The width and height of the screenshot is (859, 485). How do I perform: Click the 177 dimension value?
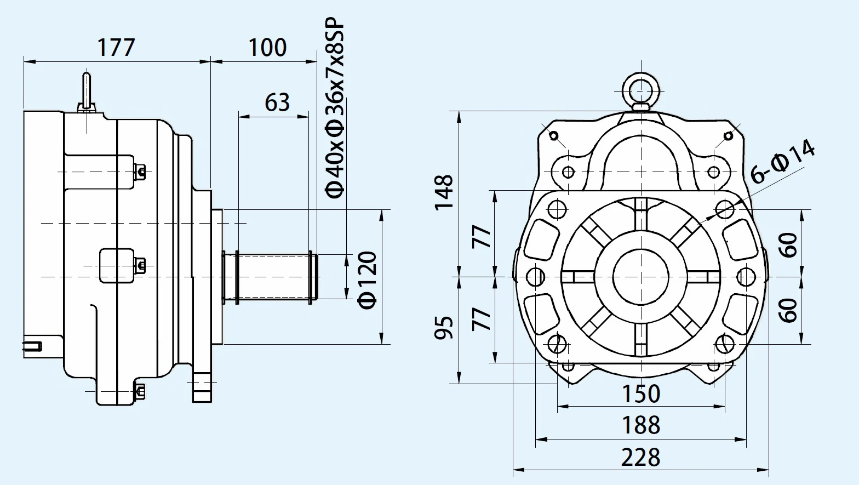[116, 48]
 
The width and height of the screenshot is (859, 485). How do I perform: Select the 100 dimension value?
[267, 48]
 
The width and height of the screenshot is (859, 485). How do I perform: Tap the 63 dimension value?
[277, 102]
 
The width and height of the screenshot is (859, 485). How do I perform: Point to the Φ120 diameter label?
[368, 279]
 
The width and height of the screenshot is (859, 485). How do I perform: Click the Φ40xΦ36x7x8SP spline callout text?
[335, 110]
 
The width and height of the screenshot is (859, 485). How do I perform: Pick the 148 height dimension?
[444, 192]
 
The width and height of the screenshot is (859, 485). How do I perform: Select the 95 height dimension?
[444, 328]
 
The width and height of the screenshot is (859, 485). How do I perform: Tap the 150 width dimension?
[641, 393]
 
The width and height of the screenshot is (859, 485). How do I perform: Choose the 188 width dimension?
[641, 425]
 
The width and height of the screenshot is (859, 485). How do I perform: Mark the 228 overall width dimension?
[641, 457]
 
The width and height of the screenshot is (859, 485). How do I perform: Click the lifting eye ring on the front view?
[641, 88]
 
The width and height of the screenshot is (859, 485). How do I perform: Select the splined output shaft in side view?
[274, 277]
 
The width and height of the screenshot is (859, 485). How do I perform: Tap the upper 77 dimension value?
[483, 236]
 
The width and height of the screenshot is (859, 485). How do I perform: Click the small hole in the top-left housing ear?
[553, 135]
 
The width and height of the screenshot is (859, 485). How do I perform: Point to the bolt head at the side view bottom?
[140, 391]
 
